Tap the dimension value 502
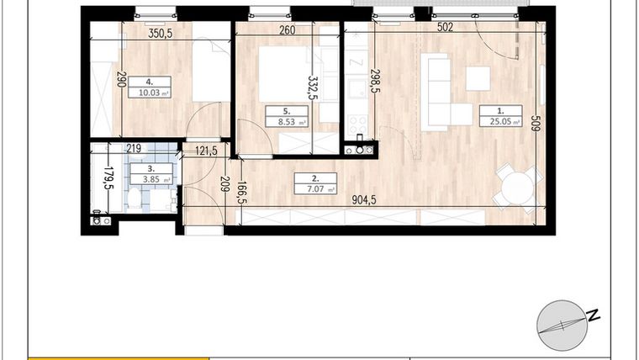click(x=446, y=28)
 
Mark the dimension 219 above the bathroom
click(x=134, y=149)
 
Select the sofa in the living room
click(x=436, y=91)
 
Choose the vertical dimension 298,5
click(x=375, y=86)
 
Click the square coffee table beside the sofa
click(x=478, y=78)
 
